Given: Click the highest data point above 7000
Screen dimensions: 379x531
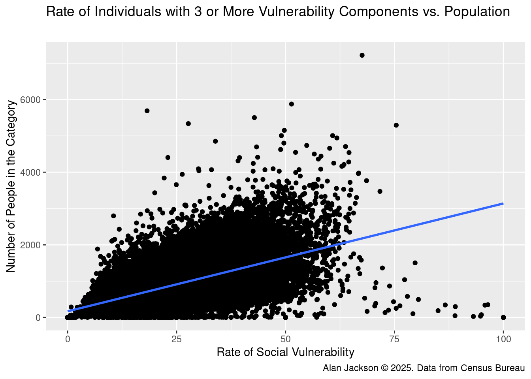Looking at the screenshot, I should pos(362,55).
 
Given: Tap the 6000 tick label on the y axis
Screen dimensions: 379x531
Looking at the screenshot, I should pos(33,100).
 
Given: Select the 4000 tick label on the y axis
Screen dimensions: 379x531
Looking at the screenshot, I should pos(33,173).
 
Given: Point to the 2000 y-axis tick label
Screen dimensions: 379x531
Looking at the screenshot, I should pos(33,245).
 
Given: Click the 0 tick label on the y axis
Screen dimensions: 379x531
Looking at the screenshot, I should pos(39,318).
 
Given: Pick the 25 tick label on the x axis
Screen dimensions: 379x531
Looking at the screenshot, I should pos(176,339).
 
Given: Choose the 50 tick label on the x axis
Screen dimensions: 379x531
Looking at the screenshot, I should pos(285,339).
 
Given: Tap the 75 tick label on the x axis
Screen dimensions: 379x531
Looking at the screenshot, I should pos(394,339).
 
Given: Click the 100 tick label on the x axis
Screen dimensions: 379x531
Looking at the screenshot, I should pos(503,339).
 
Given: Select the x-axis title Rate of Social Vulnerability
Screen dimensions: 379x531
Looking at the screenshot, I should pos(285,352).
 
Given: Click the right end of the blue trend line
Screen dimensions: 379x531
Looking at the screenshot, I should pos(503,203).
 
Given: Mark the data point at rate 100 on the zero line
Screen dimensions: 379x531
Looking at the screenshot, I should pos(503,317).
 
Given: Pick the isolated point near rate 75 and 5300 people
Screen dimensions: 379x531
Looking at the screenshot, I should pos(396,125).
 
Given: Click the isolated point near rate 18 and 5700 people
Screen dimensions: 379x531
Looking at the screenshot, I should pos(147,111).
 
